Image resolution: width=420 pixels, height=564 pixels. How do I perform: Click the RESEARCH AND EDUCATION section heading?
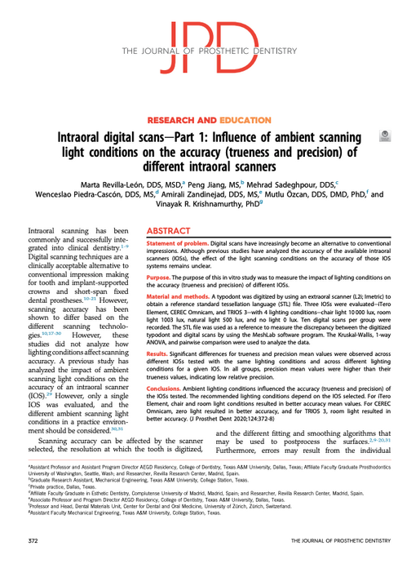tap(210, 120)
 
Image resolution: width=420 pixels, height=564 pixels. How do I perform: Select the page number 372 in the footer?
tap(33, 540)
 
